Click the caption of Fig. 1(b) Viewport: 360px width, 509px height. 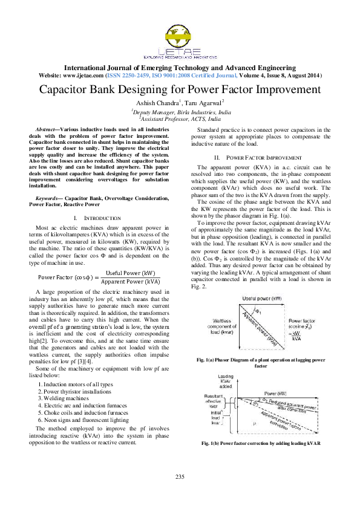point(261,443)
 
